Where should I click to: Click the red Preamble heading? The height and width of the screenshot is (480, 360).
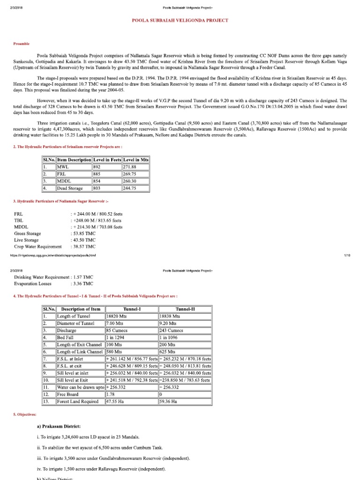(22, 44)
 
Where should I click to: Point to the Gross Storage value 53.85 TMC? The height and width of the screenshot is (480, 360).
(83, 233)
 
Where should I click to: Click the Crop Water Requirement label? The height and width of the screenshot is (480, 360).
(38, 247)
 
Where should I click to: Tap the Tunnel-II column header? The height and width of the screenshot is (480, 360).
(186, 309)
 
